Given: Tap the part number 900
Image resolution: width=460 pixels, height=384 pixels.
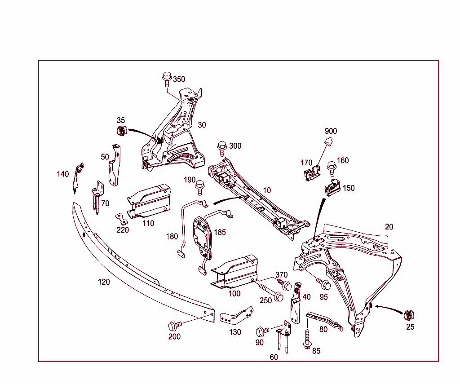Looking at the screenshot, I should (331, 131).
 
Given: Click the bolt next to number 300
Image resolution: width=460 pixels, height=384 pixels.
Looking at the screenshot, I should (221, 147).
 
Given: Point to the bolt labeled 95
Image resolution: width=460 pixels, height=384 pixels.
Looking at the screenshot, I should (324, 283).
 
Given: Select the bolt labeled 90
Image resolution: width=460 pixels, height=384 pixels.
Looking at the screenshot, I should (261, 331).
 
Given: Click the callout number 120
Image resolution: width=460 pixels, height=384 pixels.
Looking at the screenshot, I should (104, 282).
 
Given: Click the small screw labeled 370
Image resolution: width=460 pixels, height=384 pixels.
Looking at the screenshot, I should (285, 284).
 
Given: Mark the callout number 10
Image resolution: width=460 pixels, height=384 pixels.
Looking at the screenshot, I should (267, 190).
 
